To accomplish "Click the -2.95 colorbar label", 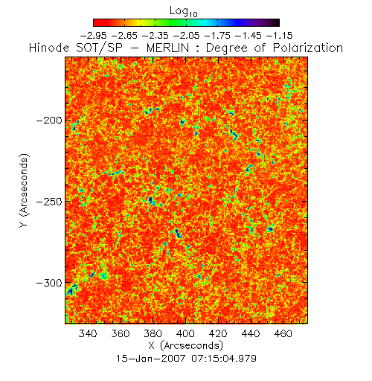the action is pos(94,36).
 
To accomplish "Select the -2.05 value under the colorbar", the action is pos(187,36).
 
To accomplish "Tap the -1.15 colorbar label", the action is pos(280,36).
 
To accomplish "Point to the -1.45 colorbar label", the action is pos(248,36).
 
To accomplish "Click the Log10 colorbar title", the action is pos(184,11).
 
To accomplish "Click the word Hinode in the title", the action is pos(49,48).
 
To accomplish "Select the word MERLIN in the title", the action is pos(167,48).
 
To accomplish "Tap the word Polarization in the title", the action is pos(308,48).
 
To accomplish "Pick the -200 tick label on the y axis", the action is pos(49,121).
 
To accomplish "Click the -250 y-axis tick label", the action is pos(49,202).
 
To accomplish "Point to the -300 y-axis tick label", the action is pos(49,283).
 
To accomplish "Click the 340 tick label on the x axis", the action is pos(88,333).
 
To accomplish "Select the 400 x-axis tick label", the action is pos(185,333).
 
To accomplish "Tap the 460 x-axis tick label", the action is pos(283,333).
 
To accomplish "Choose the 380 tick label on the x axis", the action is pos(153,333).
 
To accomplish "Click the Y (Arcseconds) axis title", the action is pos(25,190).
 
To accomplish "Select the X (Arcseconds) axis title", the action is pos(186,345).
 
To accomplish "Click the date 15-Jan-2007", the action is pos(151,359).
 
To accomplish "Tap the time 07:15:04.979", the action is pos(224,359).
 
